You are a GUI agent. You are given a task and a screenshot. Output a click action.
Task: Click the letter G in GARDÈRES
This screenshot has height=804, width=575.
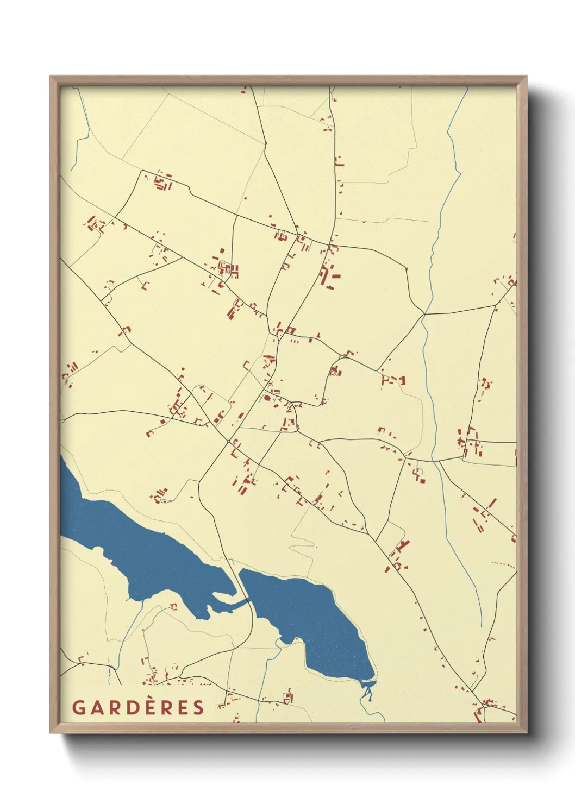coord(78,707)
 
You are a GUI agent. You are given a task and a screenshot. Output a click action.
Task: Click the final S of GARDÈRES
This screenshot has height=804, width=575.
coord(199,707)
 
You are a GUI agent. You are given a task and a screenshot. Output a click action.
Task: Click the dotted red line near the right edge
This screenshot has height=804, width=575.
coord(503,564)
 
